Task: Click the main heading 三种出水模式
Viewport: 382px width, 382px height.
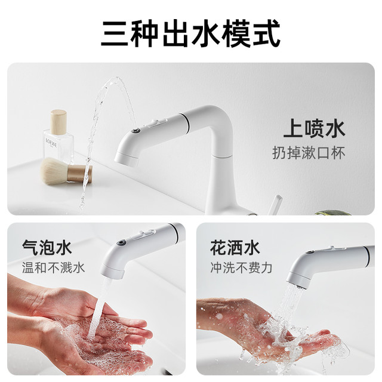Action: (190, 34)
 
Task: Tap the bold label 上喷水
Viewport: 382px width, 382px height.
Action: (314, 129)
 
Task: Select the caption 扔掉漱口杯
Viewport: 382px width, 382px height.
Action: (309, 153)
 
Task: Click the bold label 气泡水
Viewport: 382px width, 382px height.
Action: (47, 248)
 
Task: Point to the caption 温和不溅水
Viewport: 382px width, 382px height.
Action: (53, 267)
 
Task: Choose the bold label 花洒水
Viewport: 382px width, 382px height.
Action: (235, 248)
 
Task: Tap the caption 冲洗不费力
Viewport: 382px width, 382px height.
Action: (241, 267)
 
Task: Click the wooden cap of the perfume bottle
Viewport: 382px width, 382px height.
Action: (58, 122)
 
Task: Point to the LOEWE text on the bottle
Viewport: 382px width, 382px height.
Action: (51, 143)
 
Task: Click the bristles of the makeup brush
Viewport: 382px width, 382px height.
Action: (54, 171)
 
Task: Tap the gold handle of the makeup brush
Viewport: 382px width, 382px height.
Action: (79, 174)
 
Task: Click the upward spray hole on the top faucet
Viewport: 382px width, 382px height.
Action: (135, 130)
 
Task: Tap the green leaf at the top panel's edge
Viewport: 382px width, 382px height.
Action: (333, 212)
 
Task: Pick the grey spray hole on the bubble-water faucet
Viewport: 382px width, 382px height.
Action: (121, 243)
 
